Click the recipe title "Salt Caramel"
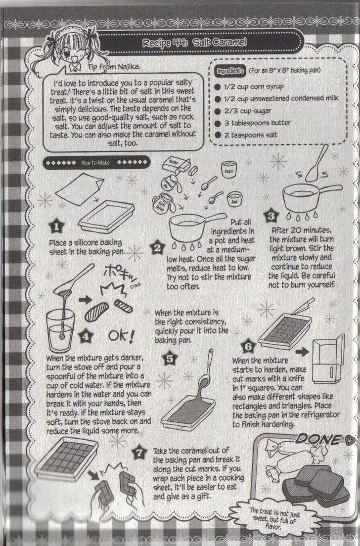pos(220,43)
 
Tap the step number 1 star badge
pos(56,227)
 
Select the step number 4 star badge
pos(86,336)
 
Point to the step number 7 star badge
pos(139,453)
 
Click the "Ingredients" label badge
pos(230,71)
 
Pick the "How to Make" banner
pos(96,162)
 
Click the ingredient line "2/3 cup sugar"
pos(248,111)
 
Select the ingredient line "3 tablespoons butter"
pos(257,123)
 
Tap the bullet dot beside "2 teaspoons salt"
pos(218,135)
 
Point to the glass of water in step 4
pos(60,331)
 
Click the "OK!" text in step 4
pos(121,336)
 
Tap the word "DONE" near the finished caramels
pos(318,440)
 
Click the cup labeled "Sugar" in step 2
pos(228,170)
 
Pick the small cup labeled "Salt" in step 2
pos(234,200)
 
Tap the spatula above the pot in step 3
pos(317,163)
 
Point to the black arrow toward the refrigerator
pos(302,352)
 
